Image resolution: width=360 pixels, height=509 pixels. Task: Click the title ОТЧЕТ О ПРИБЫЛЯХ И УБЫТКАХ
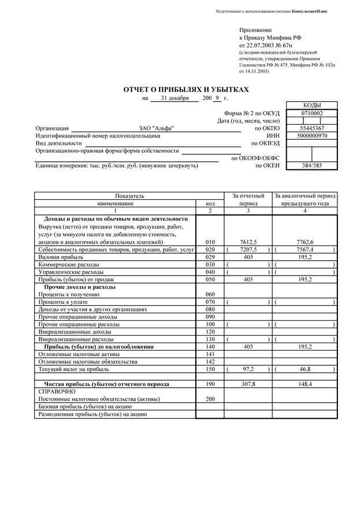coord(186,90)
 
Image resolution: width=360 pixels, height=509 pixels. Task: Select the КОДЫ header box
coord(312,105)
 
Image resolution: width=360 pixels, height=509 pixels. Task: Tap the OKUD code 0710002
coord(312,113)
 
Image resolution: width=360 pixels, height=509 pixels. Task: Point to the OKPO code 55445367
coord(312,128)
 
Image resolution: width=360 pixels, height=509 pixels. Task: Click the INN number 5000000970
coord(312,136)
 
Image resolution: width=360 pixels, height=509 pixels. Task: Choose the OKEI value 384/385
coord(312,165)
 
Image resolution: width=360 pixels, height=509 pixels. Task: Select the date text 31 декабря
coord(175,98)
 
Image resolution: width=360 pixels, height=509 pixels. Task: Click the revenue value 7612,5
coord(248,242)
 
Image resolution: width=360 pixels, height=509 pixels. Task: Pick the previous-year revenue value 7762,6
coord(305,242)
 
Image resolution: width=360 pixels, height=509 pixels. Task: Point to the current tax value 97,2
coord(248,369)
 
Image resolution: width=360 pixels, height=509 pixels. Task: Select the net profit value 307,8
coord(248,384)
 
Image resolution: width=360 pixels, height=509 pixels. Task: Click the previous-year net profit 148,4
coord(305,384)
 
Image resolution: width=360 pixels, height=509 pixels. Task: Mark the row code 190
coord(210,384)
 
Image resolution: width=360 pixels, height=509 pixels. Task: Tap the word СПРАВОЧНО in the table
coord(57,391)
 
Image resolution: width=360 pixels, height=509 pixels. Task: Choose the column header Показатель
coord(129,196)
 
